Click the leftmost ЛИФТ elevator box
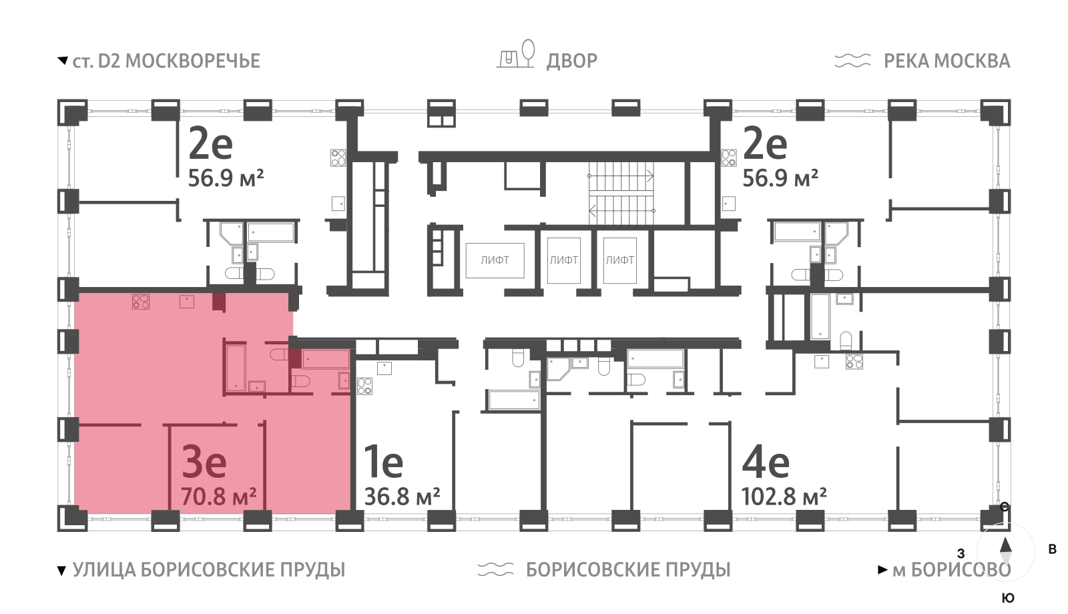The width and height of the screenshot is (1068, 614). tap(495, 260)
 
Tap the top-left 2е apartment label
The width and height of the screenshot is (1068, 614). tap(210, 143)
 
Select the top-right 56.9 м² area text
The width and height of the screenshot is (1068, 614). tap(780, 178)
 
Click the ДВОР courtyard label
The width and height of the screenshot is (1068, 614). tap(571, 61)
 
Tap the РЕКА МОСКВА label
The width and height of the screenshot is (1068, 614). tap(947, 61)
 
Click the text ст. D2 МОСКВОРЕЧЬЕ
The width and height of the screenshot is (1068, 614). tap(166, 61)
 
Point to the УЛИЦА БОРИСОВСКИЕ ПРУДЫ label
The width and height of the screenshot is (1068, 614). tap(208, 570)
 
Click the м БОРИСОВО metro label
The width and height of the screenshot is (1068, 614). tap(951, 570)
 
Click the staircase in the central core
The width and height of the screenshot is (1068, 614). tap(621, 193)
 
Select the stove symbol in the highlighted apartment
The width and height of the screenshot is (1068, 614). tap(141, 302)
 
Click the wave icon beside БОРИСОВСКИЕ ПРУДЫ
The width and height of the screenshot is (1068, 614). tap(495, 569)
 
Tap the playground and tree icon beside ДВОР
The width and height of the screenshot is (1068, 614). tap(516, 54)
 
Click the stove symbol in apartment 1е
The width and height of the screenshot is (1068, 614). tap(364, 386)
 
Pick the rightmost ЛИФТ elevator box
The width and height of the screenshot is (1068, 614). tap(620, 260)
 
